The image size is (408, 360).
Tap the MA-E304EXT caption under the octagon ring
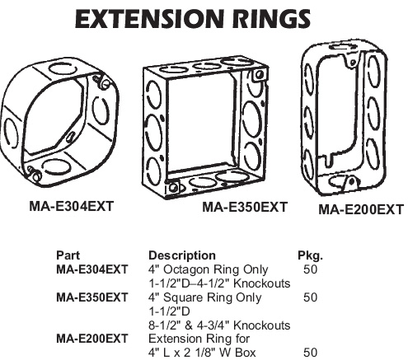coord(72,206)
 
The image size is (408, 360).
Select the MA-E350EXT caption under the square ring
coord(245,207)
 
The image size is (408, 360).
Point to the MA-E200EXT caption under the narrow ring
coord(361,209)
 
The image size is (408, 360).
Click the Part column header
coord(68,255)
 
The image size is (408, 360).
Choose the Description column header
coord(182,255)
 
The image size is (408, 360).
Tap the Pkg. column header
coord(310,255)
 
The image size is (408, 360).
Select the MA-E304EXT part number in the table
coord(92,269)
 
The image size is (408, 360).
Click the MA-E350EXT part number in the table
coord(92,297)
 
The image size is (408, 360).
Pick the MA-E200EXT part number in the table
coord(92,339)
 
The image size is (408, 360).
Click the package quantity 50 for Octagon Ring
coord(311,269)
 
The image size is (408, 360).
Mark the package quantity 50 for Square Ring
coord(311,297)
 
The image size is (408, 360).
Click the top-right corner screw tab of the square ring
coord(259,75)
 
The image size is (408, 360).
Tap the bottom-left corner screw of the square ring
coord(172,188)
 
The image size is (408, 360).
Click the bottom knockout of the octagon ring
coord(54,167)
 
